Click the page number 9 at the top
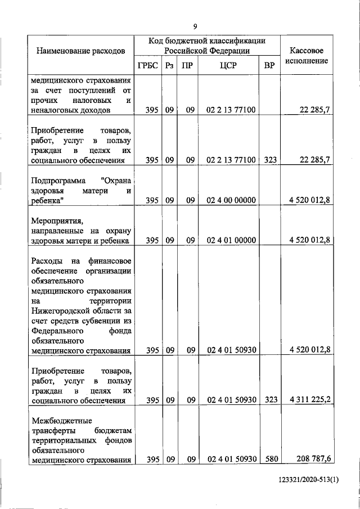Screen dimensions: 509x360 [x=195, y=26]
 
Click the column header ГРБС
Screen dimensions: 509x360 [x=148, y=66]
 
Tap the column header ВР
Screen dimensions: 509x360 [x=270, y=66]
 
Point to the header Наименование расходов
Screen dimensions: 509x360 [x=80, y=51]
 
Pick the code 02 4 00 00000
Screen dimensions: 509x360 [x=231, y=200]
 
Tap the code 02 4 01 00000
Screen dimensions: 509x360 [x=231, y=240]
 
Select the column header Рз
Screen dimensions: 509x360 [x=169, y=66]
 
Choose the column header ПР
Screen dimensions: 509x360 [x=188, y=66]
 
